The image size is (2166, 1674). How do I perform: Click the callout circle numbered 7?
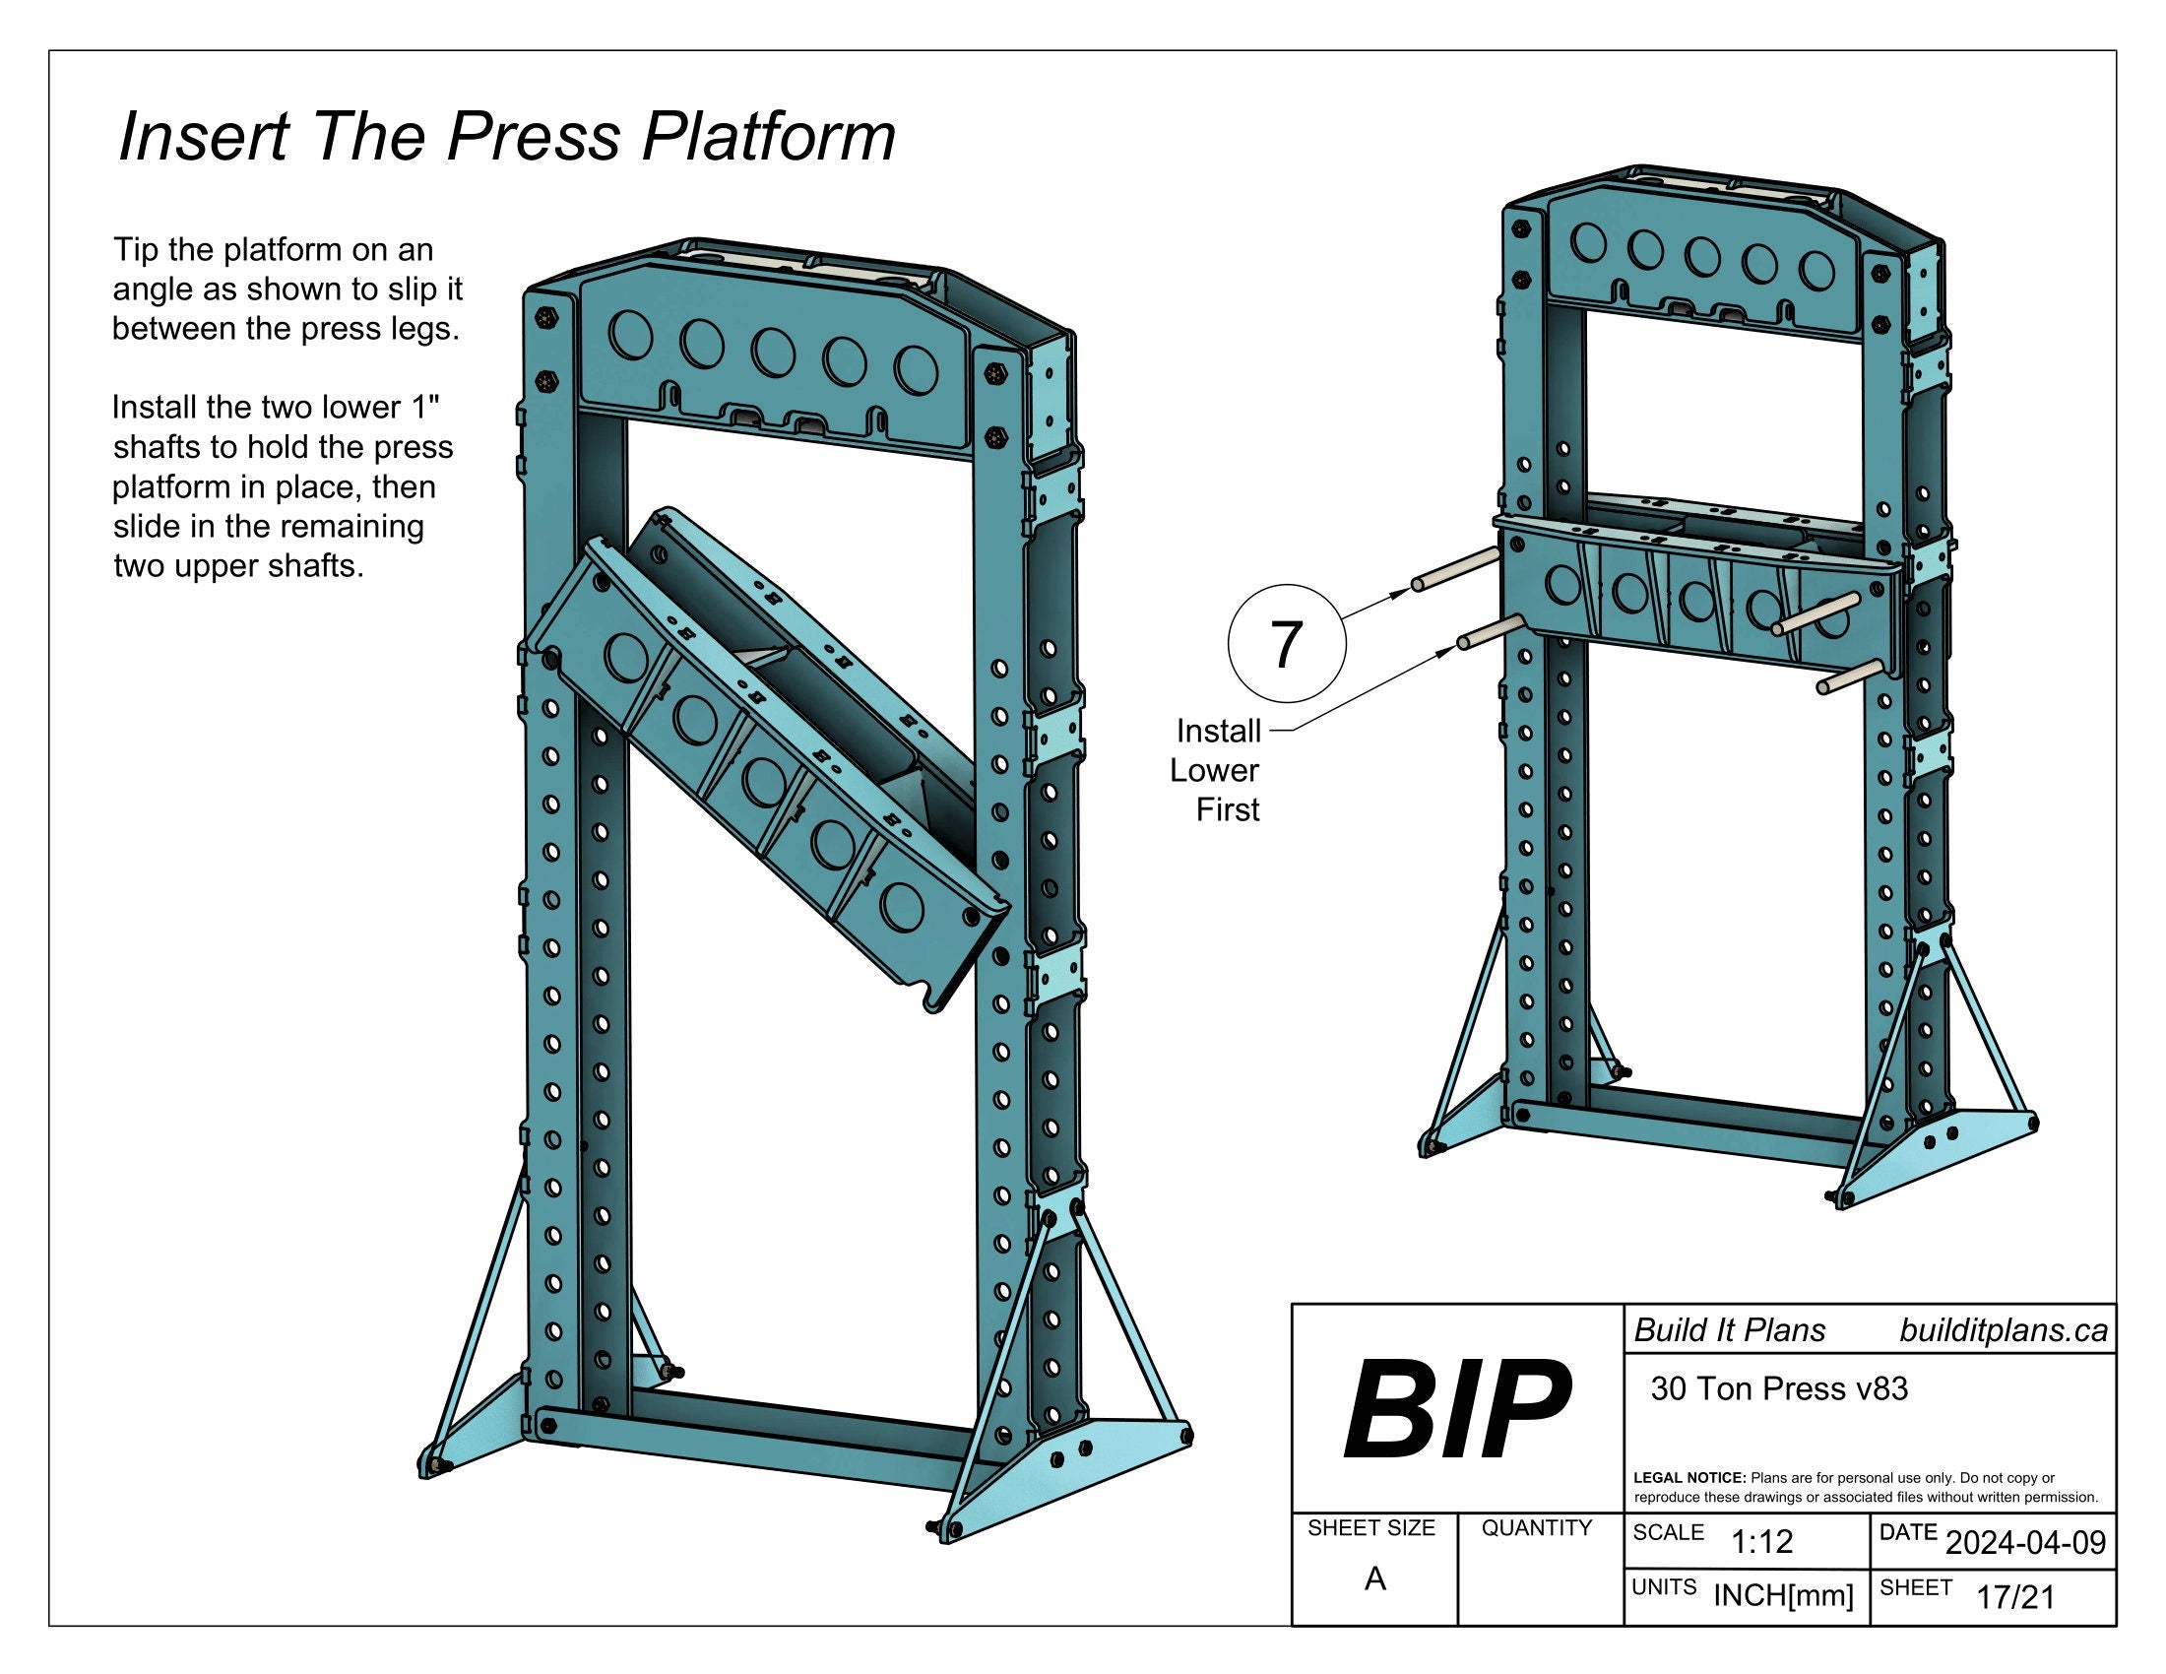(1287, 645)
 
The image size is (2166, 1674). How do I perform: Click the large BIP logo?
(1457, 1411)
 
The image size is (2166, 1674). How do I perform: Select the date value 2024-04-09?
(2025, 1542)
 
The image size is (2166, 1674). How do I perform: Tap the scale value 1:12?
(1761, 1541)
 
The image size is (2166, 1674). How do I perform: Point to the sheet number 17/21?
(2015, 1597)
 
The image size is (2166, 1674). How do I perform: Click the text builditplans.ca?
(2003, 1331)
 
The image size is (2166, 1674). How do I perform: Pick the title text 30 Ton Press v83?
(1779, 1388)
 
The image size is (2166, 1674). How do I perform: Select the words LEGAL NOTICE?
(1688, 1478)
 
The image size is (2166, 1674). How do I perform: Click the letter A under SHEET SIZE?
(1374, 1578)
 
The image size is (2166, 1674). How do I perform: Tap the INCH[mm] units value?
(1783, 1595)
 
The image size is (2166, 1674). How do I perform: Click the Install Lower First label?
(1216, 771)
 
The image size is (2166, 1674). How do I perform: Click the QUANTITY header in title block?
(1536, 1528)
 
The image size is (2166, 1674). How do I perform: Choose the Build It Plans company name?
(1730, 1331)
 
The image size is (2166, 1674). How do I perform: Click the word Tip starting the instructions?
(134, 249)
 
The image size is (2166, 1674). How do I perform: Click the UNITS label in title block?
(1664, 1587)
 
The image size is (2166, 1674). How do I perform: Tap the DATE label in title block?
(1907, 1532)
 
